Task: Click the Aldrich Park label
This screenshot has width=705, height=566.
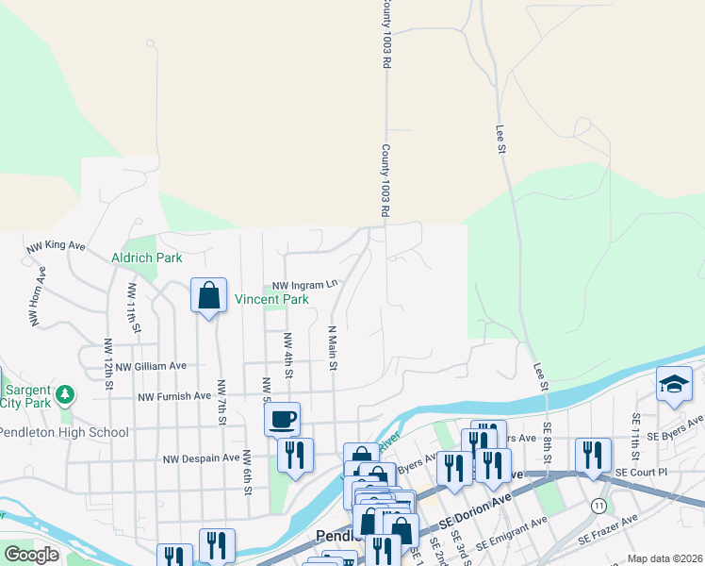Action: (x=146, y=257)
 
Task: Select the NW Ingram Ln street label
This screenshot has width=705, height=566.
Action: (x=304, y=284)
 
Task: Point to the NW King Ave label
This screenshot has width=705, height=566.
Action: (x=56, y=246)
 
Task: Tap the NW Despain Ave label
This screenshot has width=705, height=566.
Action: (x=202, y=458)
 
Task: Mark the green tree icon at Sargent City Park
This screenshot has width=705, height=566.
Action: (x=65, y=392)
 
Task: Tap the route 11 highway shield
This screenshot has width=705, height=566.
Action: (x=599, y=506)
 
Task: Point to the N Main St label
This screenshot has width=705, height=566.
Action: (x=332, y=349)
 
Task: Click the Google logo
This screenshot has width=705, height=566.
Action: (x=32, y=555)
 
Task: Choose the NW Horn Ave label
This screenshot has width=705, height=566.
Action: (x=39, y=301)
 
